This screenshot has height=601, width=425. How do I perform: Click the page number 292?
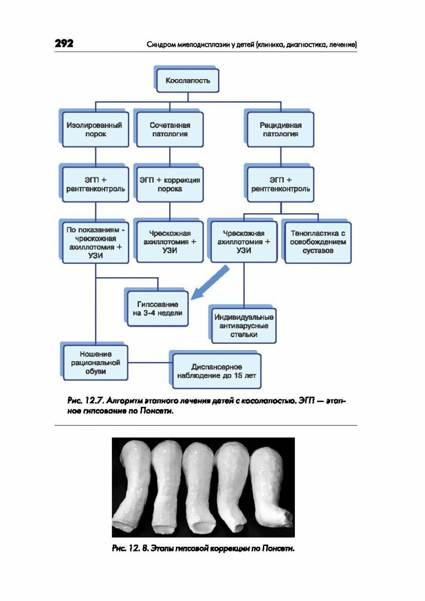(64, 44)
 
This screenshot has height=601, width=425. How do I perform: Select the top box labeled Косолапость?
(188, 80)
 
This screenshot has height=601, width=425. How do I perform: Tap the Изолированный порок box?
(95, 129)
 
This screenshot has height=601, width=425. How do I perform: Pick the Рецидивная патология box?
(281, 129)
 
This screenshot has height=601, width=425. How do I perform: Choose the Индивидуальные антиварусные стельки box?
(243, 326)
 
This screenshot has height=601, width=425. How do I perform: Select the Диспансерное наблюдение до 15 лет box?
(216, 371)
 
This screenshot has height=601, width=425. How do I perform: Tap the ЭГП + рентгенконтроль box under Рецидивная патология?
(281, 184)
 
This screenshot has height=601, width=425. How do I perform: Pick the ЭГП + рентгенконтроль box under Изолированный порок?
(95, 184)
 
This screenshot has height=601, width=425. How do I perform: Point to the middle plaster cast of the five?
(199, 485)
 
